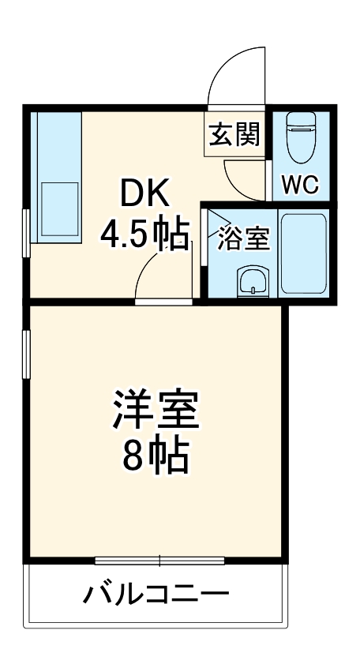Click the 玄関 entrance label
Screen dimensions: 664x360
234,136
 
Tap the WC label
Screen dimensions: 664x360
300,186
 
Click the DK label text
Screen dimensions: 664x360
143,192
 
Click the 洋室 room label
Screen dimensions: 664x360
155,410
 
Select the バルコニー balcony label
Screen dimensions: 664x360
156,594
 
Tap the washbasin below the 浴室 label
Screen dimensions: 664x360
253,279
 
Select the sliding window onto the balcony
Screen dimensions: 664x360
159,561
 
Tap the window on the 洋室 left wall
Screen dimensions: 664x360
27,356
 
